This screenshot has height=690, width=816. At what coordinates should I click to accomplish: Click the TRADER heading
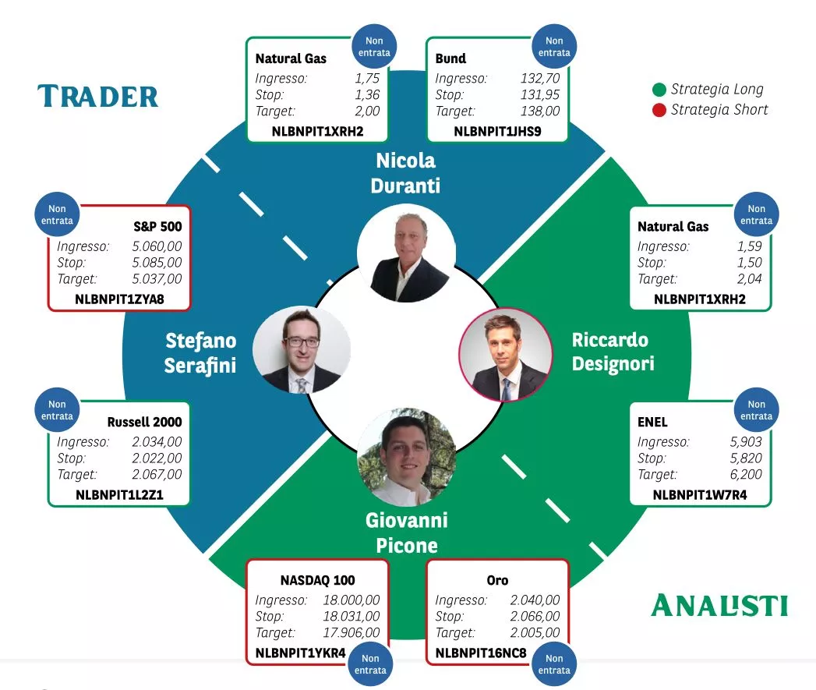pyautogui.click(x=98, y=97)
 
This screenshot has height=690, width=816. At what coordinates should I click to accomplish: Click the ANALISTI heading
pyautogui.click(x=719, y=605)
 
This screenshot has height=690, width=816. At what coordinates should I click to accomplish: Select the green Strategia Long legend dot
pyautogui.click(x=659, y=90)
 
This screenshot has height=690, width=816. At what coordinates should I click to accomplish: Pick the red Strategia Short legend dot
pyautogui.click(x=659, y=110)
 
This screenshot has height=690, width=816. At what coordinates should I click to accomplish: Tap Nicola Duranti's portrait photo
pyautogui.click(x=406, y=254)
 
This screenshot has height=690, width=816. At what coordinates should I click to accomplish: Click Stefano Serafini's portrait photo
pyautogui.click(x=302, y=349)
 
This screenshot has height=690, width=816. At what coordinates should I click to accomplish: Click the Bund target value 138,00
pyautogui.click(x=540, y=111)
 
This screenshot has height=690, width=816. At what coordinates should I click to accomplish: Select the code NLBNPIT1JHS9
pyautogui.click(x=497, y=131)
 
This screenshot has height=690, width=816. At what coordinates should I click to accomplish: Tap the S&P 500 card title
pyautogui.click(x=157, y=227)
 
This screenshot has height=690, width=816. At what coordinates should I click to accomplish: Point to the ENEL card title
pyautogui.click(x=652, y=423)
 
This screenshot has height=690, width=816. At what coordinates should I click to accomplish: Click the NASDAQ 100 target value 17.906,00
pyautogui.click(x=351, y=633)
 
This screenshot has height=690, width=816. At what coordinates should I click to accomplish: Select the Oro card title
pyautogui.click(x=497, y=580)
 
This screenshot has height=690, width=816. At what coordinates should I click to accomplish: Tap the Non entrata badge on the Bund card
pyautogui.click(x=554, y=47)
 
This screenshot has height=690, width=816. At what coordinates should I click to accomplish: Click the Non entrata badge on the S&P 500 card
pyautogui.click(x=58, y=214)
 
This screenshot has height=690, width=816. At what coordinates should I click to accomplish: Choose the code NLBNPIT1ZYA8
pyautogui.click(x=119, y=299)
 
